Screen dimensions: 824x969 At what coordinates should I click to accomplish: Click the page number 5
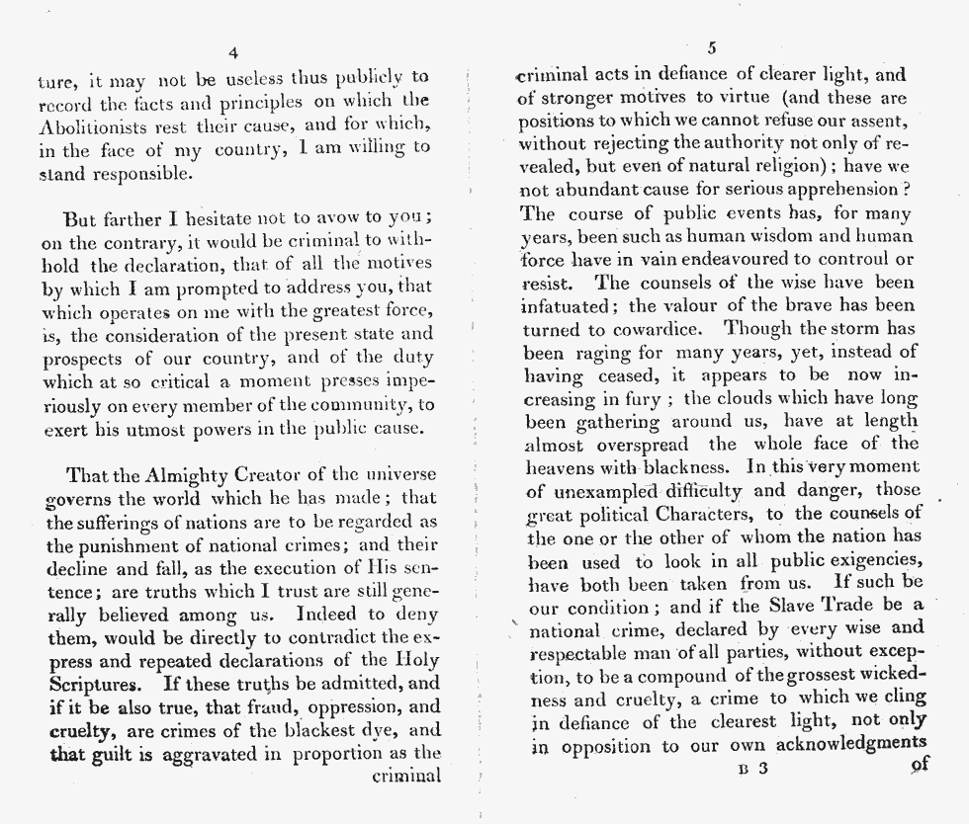[712, 48]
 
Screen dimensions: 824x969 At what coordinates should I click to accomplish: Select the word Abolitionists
[95, 125]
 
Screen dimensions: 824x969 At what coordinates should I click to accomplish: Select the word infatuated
[568, 305]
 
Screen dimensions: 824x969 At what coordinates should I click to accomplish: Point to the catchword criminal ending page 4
[405, 777]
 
